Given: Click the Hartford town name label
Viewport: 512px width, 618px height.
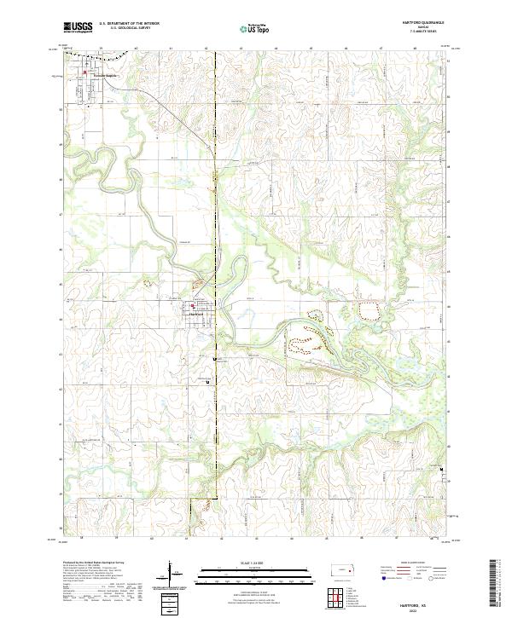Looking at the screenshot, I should (x=195, y=314).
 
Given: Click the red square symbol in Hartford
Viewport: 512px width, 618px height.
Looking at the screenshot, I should (x=195, y=307).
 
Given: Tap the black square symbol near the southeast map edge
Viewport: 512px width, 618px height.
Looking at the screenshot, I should (x=441, y=470).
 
